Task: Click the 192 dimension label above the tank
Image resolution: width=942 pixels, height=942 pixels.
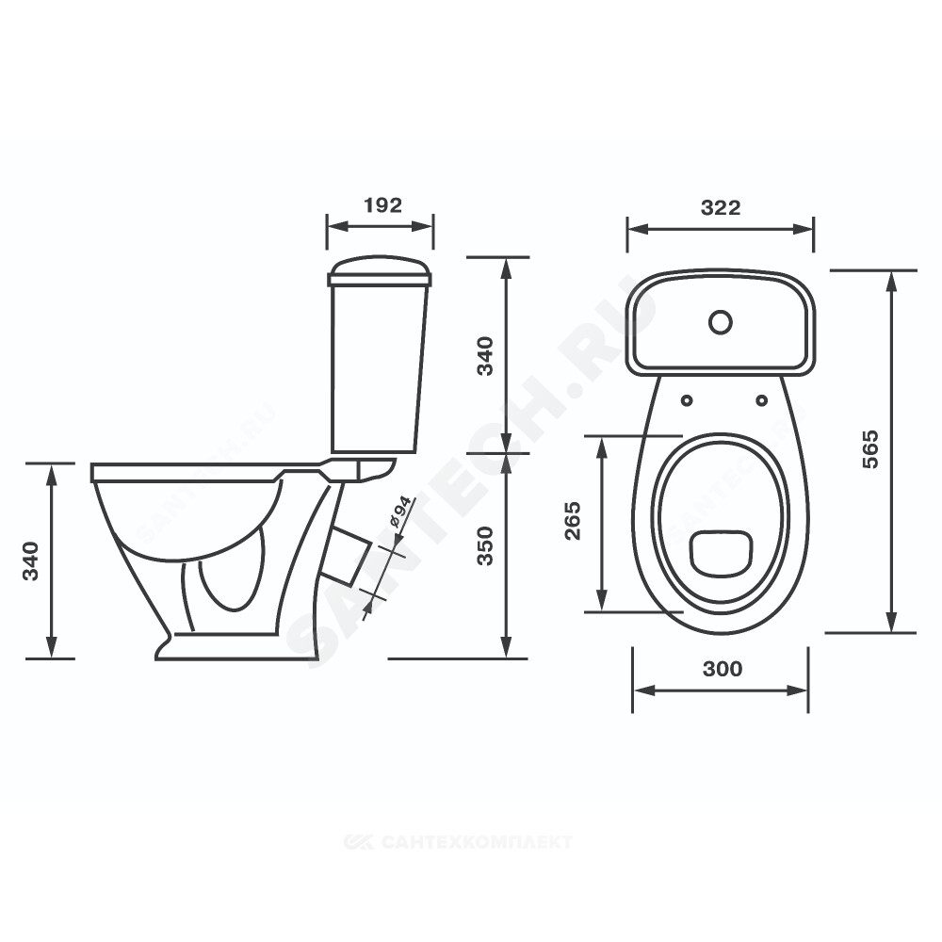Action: coord(382,205)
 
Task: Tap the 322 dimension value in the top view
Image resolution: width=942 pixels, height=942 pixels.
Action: coord(721,208)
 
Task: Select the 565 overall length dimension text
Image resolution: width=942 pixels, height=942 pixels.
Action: coord(869,449)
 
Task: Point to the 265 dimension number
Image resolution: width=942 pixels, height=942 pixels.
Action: coord(573,521)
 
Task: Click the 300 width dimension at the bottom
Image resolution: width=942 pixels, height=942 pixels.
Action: coord(723,669)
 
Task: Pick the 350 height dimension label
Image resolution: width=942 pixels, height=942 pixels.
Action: coord(485,546)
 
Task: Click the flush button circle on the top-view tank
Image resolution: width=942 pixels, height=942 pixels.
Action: coord(721,322)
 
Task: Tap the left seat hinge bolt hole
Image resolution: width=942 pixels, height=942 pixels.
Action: coord(686,400)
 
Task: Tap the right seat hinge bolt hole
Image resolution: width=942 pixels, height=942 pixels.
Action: coord(762,400)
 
